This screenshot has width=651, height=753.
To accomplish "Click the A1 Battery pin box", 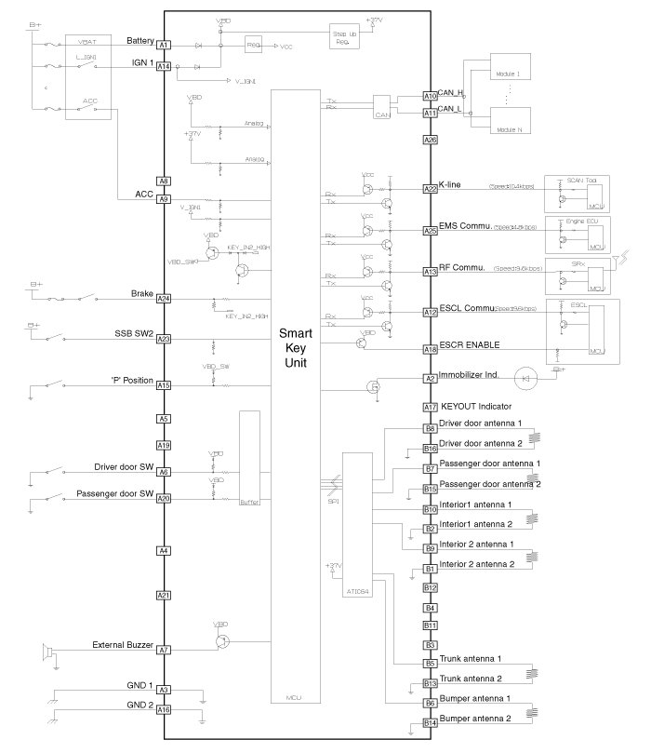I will pyautogui.click(x=164, y=45).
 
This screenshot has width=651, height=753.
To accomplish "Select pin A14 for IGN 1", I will pyautogui.click(x=164, y=66).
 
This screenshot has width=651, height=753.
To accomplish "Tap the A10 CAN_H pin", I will pyautogui.click(x=430, y=96).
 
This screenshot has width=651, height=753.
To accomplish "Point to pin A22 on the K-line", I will pyautogui.click(x=430, y=189).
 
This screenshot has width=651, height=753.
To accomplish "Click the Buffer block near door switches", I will pyautogui.click(x=248, y=460).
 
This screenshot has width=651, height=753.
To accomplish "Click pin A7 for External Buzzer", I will pyautogui.click(x=164, y=650).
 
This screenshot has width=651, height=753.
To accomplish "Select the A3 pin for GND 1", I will pyautogui.click(x=164, y=690).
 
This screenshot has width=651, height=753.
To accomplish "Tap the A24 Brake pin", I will pyautogui.click(x=164, y=299).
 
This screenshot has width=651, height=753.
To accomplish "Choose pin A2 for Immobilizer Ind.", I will pyautogui.click(x=430, y=379).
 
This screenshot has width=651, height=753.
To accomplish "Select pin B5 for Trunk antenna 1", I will pyautogui.click(x=430, y=664).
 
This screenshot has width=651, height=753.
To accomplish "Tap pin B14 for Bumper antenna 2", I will pyautogui.click(x=430, y=723).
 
